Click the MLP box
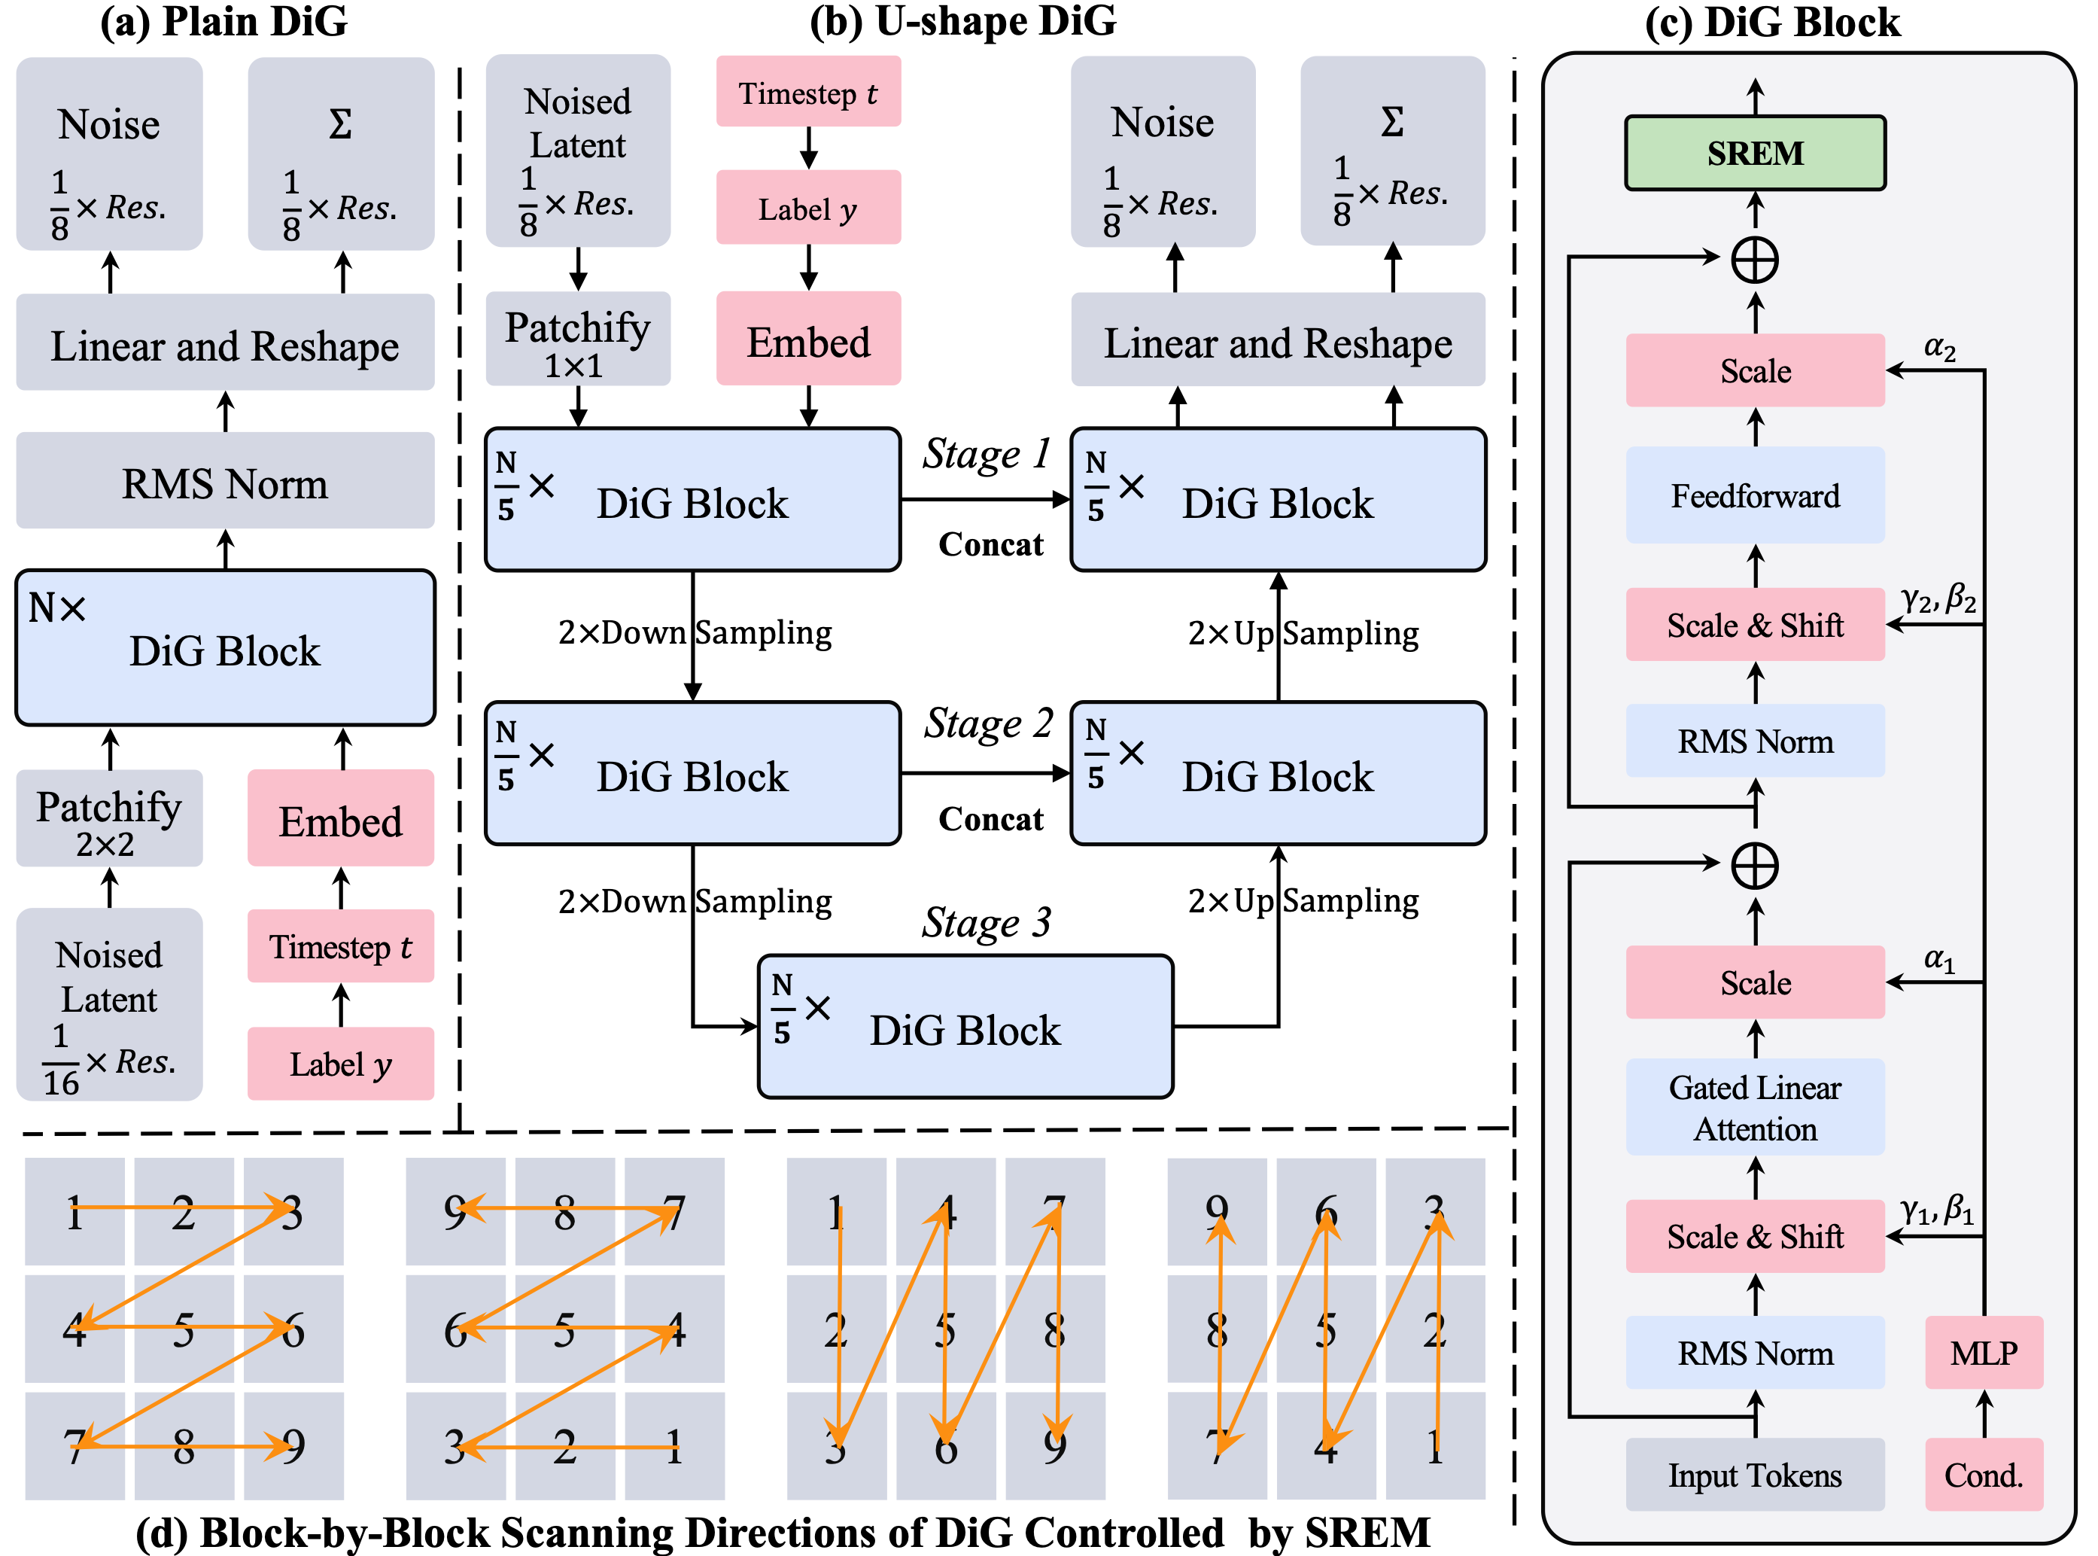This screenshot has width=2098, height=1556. [1983, 1353]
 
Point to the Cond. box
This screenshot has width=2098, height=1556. [1983, 1474]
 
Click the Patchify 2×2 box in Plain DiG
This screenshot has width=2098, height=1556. [109, 818]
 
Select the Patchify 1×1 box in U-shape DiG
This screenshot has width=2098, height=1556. [577, 339]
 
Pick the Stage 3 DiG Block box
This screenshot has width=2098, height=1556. [965, 1028]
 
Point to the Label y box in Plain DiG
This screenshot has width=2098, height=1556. [340, 1064]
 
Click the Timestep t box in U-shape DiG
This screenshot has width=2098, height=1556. [808, 93]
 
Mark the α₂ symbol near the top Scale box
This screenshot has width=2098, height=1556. [1939, 349]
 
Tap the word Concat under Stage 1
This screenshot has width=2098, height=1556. [990, 544]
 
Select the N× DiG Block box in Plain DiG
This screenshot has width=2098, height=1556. [225, 648]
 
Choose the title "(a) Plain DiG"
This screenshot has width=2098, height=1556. [224, 21]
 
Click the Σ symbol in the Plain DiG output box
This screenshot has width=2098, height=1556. [340, 123]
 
